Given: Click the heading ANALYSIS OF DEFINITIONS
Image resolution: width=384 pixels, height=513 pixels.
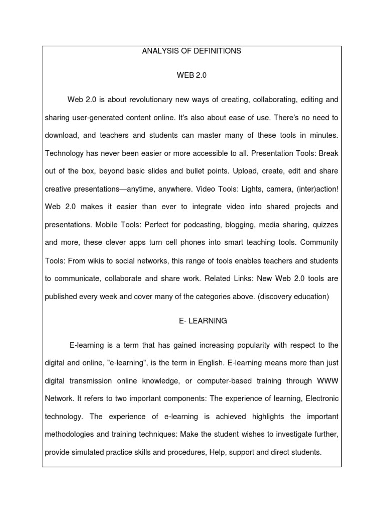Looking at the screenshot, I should (192, 51).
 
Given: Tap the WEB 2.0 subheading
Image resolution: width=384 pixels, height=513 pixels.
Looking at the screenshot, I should (191, 75).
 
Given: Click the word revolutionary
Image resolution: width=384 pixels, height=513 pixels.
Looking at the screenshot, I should (153, 100).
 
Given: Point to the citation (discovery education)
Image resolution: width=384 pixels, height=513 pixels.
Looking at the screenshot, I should (293, 296).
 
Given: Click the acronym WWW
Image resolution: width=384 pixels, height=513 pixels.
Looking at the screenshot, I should (327, 381).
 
